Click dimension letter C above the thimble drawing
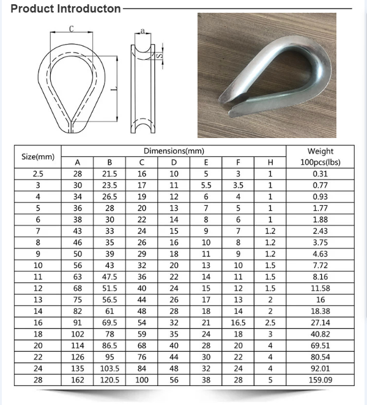72,29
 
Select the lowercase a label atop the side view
142,29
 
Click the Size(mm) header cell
38,156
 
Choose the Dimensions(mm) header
174,151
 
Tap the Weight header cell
321,151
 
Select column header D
174,162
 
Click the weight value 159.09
321,380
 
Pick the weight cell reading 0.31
321,173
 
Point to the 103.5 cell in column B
109,368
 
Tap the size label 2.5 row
38,173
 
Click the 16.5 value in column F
238,323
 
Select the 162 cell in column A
78,380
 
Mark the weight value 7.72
321,265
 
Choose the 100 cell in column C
142,380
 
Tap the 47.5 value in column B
109,277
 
